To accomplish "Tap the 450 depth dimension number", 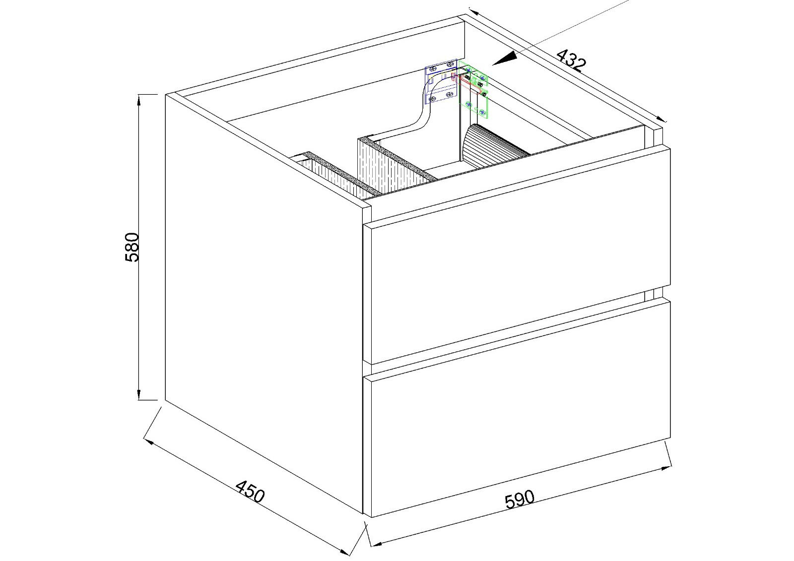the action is pyautogui.click(x=250, y=491).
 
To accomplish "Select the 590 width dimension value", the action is pyautogui.click(x=519, y=499).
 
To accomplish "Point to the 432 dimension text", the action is pyautogui.click(x=571, y=60).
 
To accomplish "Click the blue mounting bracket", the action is pyautogui.click(x=440, y=84).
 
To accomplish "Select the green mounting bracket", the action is pyautogui.click(x=474, y=89).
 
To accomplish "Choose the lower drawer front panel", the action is pyautogui.click(x=517, y=408).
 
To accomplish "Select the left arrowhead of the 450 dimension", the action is pyautogui.click(x=148, y=442).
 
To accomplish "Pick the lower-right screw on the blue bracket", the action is pyautogui.click(x=450, y=95).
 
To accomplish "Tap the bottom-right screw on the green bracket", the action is pyautogui.click(x=482, y=112).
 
